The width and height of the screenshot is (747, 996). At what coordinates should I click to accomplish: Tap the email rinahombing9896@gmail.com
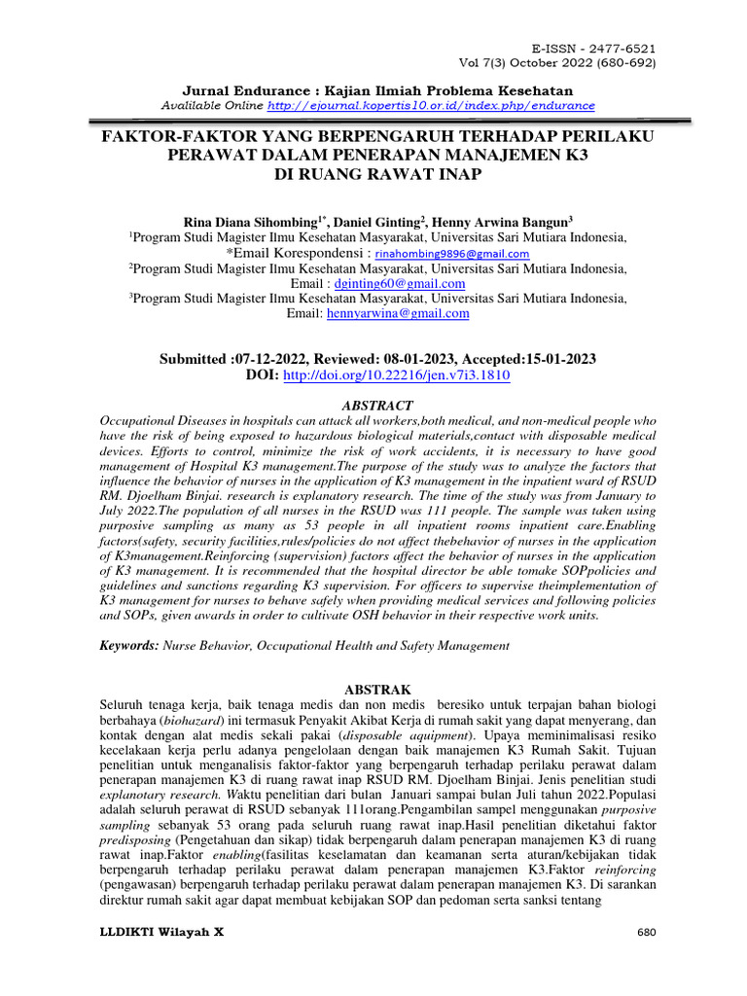click(460, 252)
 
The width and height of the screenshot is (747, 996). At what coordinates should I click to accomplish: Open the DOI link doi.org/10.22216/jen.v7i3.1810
click(397, 374)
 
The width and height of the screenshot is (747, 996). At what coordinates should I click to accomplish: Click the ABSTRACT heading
click(378, 405)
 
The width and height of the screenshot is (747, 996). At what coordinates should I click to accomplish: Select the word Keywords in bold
click(128, 645)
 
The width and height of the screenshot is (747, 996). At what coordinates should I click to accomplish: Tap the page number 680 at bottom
click(647, 932)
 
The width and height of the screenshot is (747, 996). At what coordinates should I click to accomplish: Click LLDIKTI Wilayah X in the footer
click(162, 932)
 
